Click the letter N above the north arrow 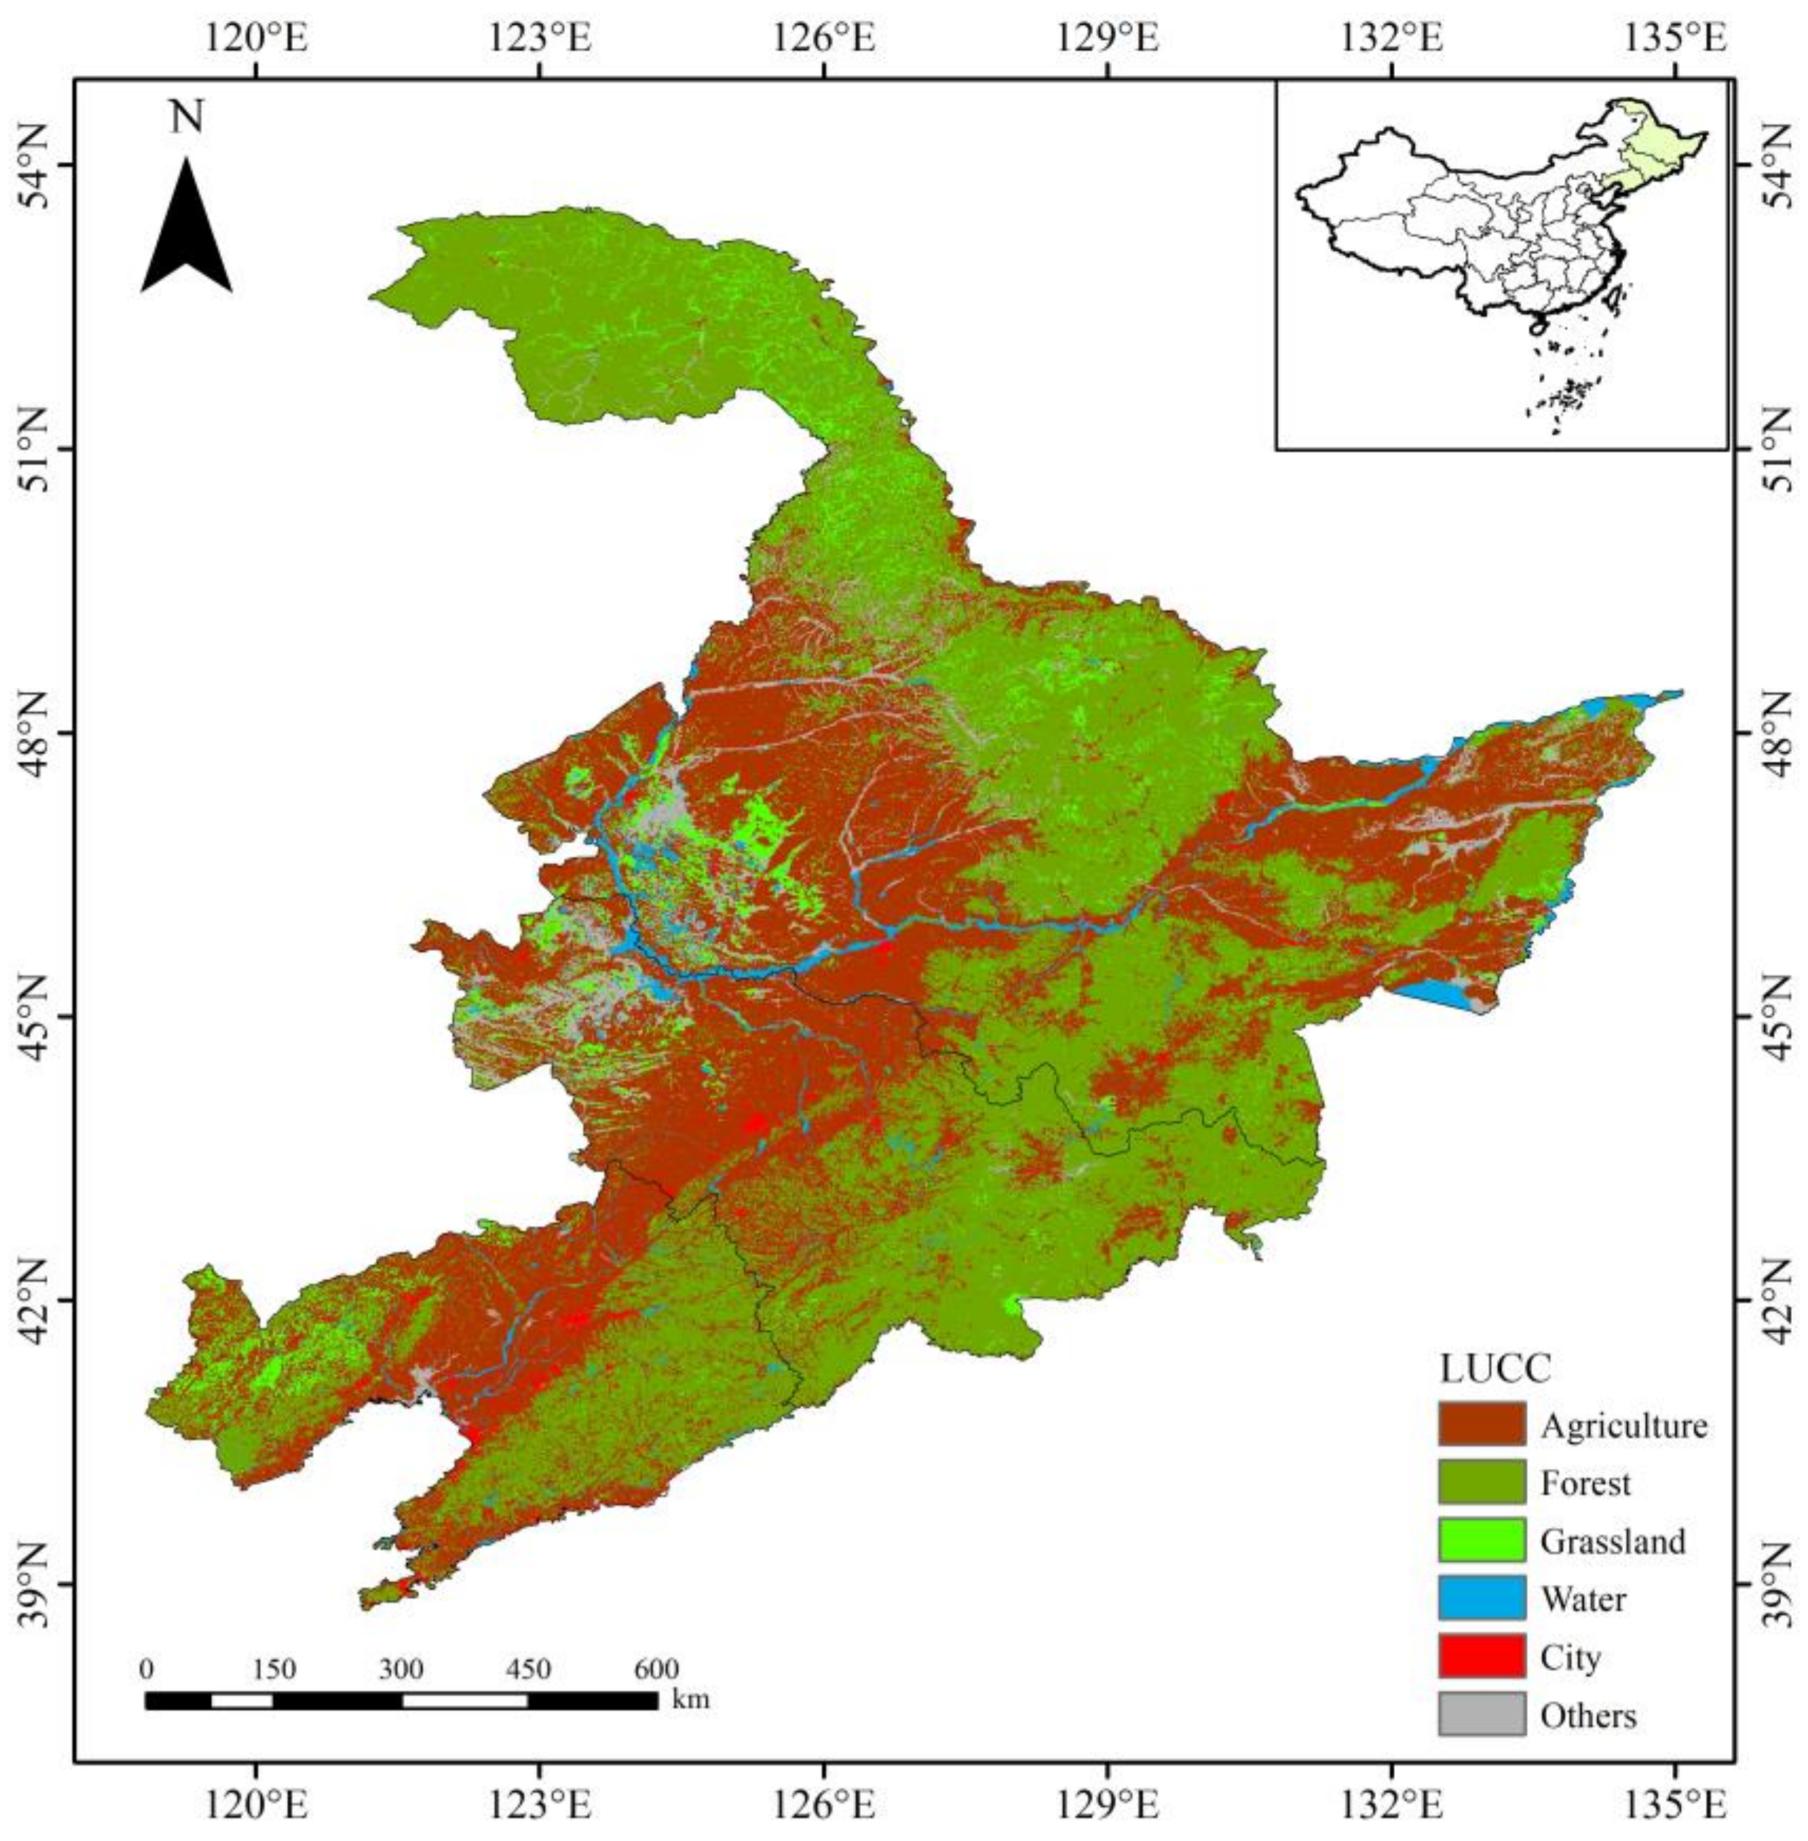click(187, 120)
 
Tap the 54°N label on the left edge click(36, 166)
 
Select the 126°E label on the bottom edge click(823, 1797)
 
